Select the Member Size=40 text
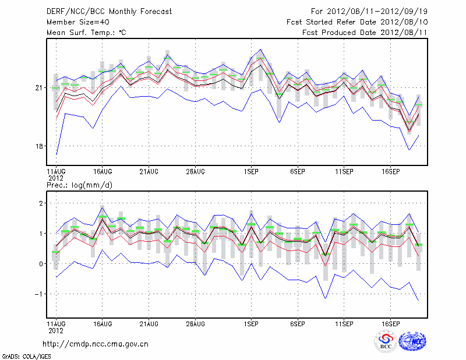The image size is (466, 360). (x=76, y=22)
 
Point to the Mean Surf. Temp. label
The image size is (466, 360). (x=86, y=33)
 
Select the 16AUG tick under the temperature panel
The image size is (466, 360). (x=103, y=172)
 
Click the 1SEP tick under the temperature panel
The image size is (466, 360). (x=251, y=172)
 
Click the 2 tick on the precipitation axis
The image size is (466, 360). (x=41, y=203)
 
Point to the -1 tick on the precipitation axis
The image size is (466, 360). (x=39, y=294)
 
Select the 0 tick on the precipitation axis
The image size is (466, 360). (x=41, y=264)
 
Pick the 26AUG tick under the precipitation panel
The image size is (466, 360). (x=196, y=323)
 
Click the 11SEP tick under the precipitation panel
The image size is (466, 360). (x=344, y=323)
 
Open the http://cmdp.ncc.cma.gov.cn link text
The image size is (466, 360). (x=96, y=344)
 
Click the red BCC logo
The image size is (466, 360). (x=386, y=341)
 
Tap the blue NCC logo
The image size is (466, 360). (x=412, y=341)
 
